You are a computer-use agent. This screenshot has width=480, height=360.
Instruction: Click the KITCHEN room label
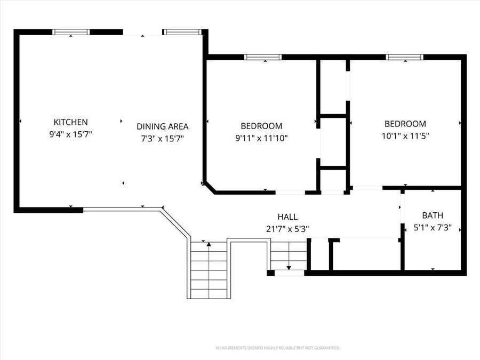(70, 122)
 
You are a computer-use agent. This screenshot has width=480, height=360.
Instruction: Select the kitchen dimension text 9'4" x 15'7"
(70, 135)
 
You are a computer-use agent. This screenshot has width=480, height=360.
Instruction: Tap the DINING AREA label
(162, 126)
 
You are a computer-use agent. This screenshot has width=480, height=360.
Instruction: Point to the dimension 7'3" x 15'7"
(162, 139)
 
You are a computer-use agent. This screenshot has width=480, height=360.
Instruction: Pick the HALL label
(287, 217)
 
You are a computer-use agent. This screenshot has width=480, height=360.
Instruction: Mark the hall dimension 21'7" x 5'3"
(287, 229)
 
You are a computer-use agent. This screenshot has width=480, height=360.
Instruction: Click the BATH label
(433, 216)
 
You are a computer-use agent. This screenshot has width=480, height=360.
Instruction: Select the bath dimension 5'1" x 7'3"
(433, 228)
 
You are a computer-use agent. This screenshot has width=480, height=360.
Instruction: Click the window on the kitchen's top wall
(71, 32)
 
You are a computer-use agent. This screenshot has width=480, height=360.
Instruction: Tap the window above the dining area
(182, 32)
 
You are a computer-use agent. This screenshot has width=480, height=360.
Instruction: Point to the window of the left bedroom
(262, 57)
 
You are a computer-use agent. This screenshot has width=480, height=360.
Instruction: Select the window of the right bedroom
(405, 57)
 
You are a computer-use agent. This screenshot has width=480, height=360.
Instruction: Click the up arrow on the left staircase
(209, 244)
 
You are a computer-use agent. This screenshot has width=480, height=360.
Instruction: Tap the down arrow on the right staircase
(289, 267)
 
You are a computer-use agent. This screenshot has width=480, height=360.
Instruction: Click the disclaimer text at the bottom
(277, 348)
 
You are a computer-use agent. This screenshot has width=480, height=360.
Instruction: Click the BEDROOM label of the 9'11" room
(261, 126)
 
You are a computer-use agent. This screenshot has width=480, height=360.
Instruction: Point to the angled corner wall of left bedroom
(210, 187)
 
